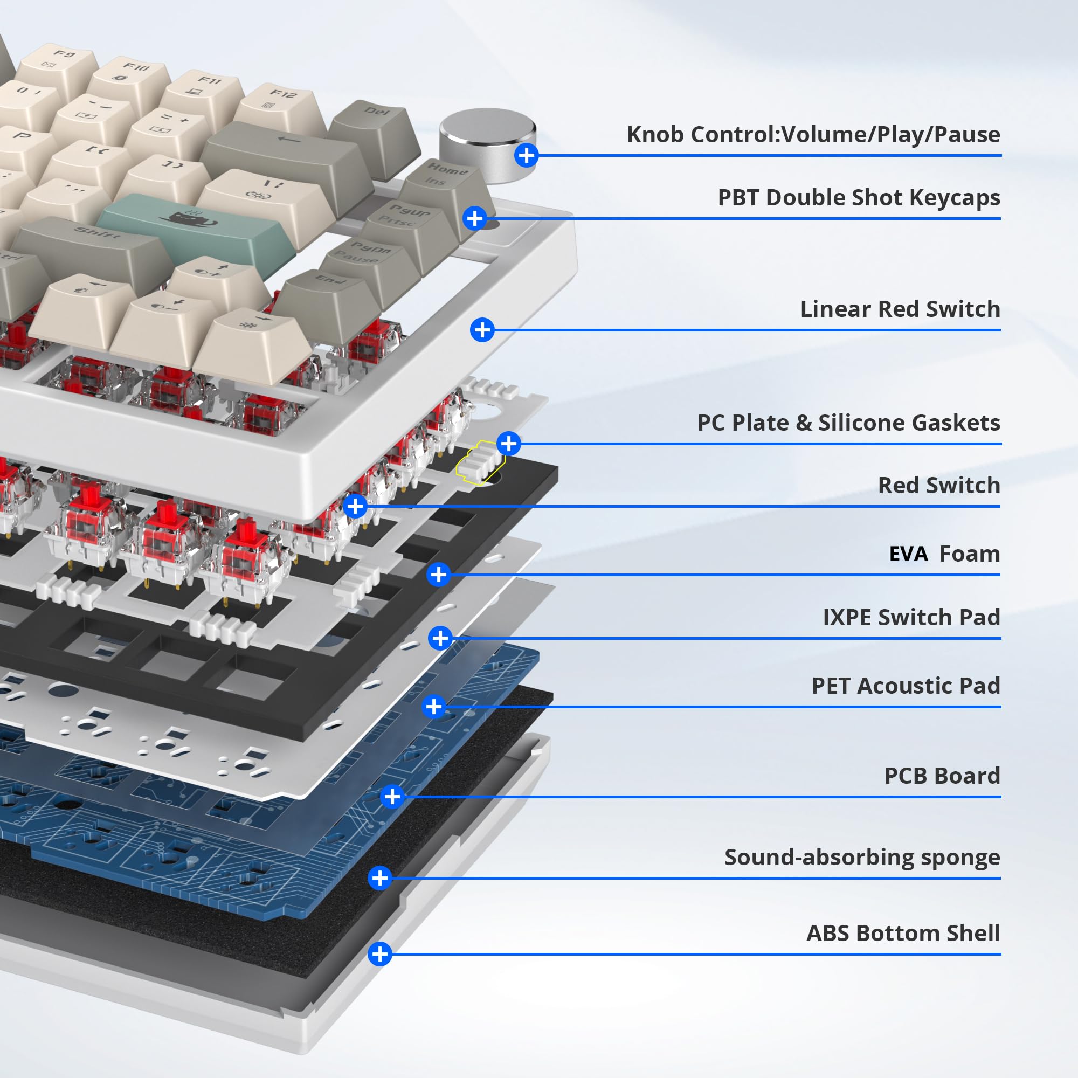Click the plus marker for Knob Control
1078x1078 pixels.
click(526, 155)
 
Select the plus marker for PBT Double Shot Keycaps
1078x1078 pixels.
click(474, 218)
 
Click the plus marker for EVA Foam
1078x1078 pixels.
click(439, 574)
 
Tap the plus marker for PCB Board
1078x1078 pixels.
click(392, 796)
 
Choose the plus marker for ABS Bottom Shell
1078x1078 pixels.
click(380, 953)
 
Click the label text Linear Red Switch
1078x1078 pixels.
click(900, 309)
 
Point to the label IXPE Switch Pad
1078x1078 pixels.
click(910, 617)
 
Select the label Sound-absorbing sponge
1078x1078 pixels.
click(861, 857)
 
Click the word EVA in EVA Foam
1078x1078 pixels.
click(908, 554)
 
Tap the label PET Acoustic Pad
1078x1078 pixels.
click(905, 686)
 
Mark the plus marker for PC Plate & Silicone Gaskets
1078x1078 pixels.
click(508, 444)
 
